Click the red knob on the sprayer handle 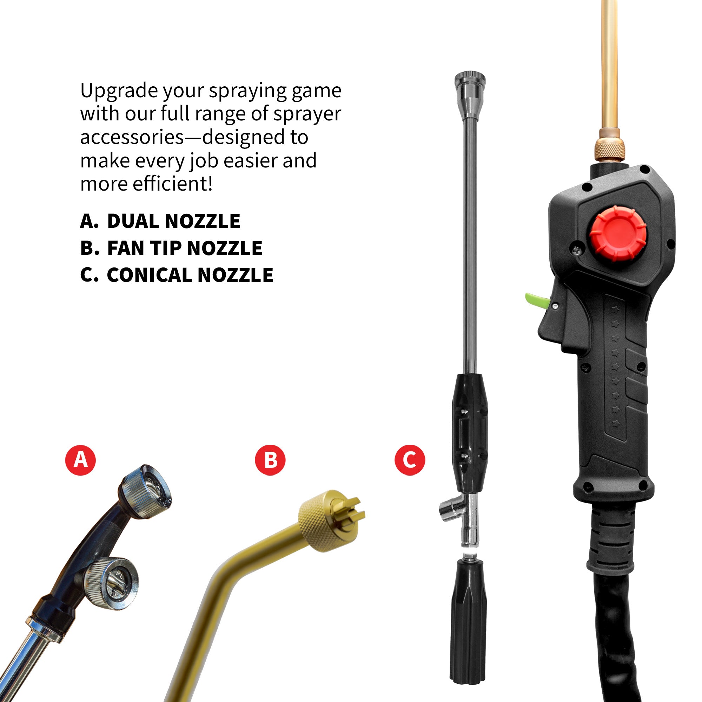(x=618, y=233)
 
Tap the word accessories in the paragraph (x=132, y=137)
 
